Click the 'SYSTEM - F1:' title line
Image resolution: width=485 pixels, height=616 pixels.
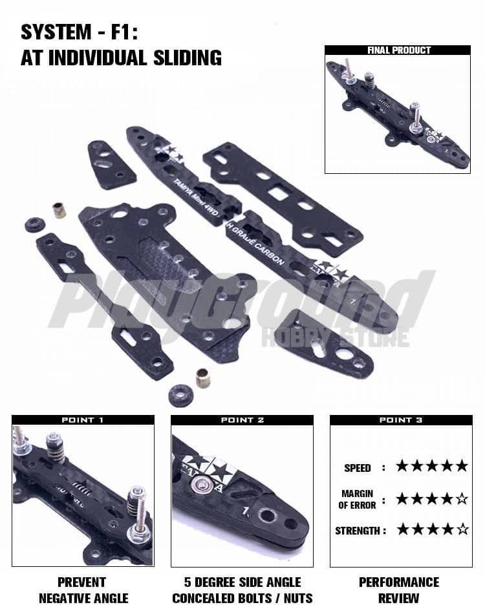[80, 32]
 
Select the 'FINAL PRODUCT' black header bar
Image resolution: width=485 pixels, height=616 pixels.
[397, 50]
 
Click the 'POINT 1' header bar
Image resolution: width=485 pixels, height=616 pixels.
[83, 420]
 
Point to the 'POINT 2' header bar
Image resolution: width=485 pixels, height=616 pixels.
[242, 420]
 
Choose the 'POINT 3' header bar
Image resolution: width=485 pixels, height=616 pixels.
[401, 420]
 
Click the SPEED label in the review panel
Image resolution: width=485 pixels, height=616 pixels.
[358, 468]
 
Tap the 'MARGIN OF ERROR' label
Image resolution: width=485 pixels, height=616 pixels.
[357, 499]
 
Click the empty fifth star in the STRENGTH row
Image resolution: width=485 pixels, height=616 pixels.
[462, 530]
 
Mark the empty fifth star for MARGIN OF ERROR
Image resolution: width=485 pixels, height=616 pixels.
[462, 499]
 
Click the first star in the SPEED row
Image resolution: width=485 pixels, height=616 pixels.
[402, 466]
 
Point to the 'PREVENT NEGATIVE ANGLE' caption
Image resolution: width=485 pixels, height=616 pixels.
[82, 590]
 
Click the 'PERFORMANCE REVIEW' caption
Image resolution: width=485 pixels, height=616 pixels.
[399, 590]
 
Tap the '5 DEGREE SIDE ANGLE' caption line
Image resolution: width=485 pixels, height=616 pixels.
[242, 582]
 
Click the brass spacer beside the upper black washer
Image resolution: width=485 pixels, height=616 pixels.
[59, 210]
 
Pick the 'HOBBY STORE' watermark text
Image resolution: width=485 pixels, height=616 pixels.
[335, 337]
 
